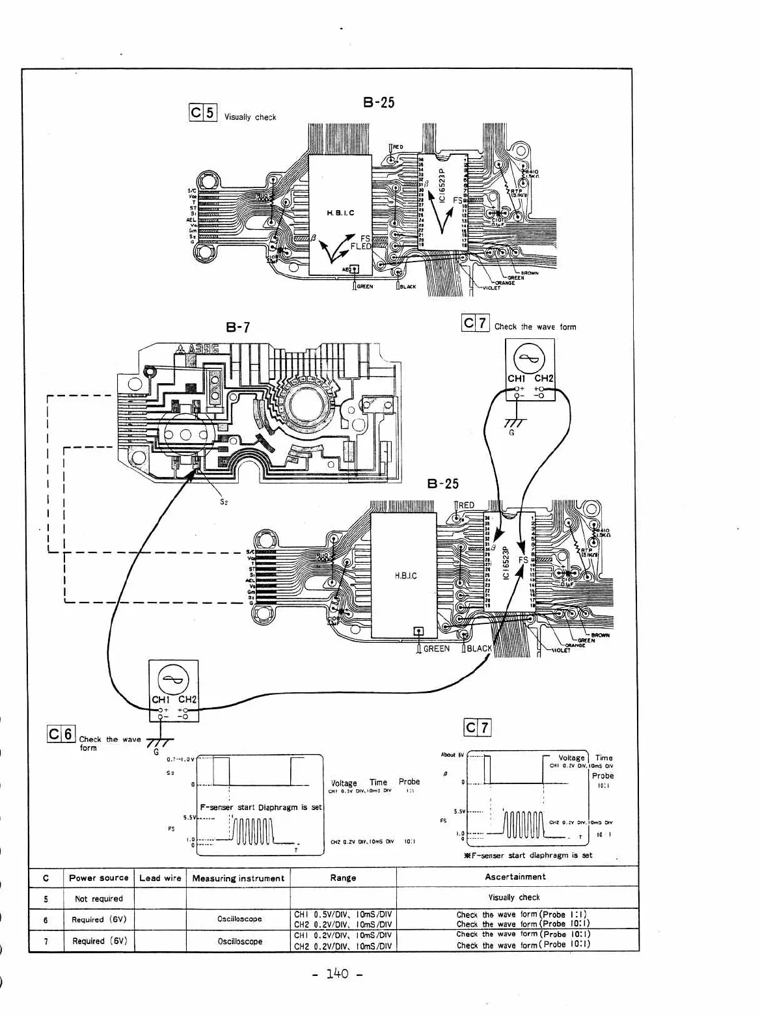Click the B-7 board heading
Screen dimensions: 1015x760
pos(238,327)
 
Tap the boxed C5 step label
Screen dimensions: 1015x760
pos(202,113)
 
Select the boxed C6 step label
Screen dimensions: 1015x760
pos(61,734)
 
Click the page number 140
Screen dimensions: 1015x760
pos(338,973)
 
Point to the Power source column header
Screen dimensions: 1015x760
pos(99,878)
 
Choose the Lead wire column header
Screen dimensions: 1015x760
pos(160,878)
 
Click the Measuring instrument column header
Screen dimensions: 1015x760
pos(238,878)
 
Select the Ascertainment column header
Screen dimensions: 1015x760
pos(515,876)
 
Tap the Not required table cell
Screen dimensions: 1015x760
pos(99,899)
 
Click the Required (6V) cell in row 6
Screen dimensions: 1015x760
pos(99,919)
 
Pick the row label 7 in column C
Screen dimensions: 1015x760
pos(46,941)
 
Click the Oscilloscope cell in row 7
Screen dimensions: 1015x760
pos(239,941)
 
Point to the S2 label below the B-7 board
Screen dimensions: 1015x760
pos(223,502)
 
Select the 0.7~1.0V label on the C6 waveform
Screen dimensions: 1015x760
pos(180,759)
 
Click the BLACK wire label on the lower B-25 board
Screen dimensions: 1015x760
pos(480,648)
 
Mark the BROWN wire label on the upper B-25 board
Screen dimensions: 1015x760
pos(529,273)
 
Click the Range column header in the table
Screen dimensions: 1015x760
pos(343,878)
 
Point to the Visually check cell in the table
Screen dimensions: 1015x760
pos(514,897)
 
